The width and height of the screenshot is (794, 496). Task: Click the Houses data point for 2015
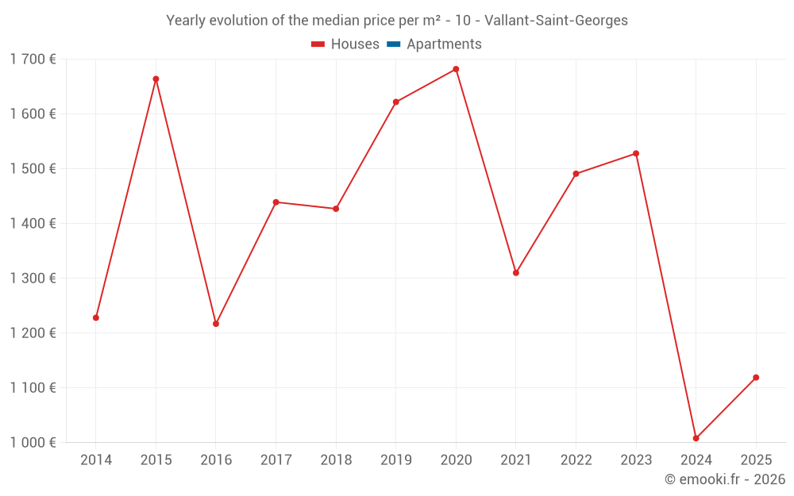156,79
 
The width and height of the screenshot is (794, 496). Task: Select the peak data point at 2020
456,69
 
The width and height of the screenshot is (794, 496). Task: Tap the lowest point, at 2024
696,438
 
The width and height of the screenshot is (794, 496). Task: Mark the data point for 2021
516,272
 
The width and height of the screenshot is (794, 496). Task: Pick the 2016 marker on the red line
216,324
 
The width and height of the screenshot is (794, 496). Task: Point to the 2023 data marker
636,153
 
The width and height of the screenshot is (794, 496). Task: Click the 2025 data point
756,377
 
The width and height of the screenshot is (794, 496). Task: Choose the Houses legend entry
345,44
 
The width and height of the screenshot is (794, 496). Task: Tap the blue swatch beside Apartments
393,44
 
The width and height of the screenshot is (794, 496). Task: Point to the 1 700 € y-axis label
33,59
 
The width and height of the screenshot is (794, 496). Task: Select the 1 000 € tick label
33,442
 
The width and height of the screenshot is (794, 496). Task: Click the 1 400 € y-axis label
33,223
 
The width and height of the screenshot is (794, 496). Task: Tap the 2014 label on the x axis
96,459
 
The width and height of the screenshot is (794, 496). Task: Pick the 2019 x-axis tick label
396,459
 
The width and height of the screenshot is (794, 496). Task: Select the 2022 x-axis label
576,459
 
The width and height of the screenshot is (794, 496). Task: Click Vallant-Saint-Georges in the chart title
556,21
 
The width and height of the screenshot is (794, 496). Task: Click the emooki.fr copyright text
724,479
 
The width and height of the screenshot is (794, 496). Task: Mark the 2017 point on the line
276,202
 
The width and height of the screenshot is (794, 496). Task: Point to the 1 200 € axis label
33,333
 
